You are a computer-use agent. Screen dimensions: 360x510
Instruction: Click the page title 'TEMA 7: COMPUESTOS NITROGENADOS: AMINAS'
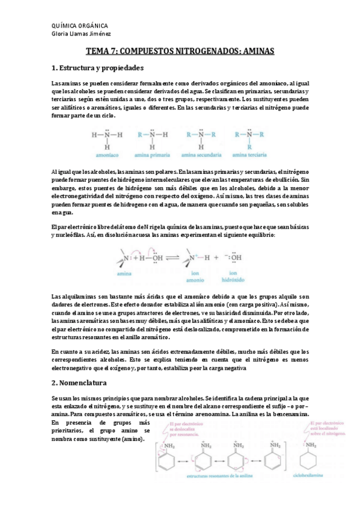tap(180, 52)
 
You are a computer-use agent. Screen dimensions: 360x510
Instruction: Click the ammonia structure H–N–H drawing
tap(106, 137)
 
